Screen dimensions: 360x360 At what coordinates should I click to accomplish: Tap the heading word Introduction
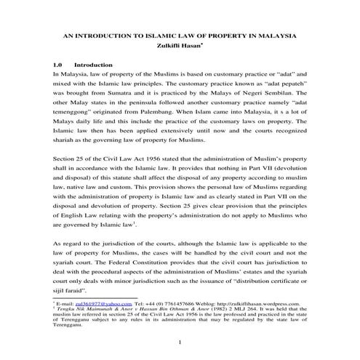94,64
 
